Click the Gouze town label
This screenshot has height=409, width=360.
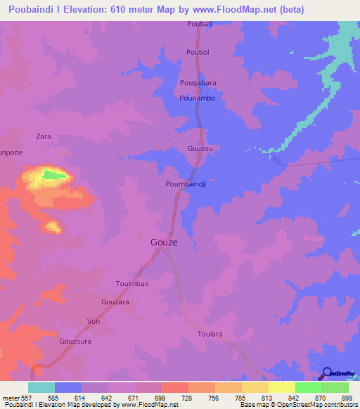(164, 242)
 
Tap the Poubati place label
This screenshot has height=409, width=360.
(199, 24)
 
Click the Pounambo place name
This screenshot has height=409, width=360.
(198, 98)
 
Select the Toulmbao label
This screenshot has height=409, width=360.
(131, 284)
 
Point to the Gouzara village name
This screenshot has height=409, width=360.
(115, 301)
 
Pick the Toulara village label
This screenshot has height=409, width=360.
(210, 335)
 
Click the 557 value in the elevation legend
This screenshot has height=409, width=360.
(15, 397)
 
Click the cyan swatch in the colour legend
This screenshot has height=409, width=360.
(41, 387)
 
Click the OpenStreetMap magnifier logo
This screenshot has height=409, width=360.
(327, 373)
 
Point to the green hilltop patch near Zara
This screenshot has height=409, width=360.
(51, 174)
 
